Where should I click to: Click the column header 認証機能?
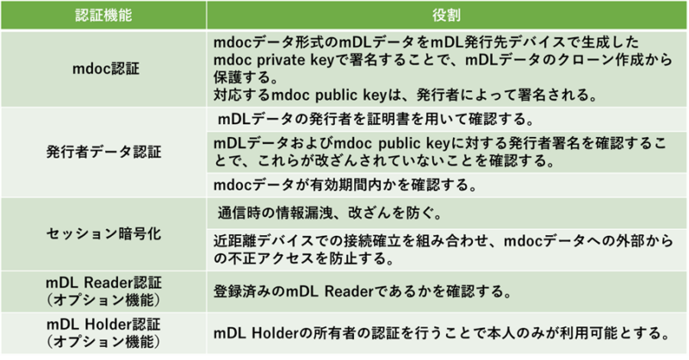pyautogui.click(x=103, y=16)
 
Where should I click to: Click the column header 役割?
pyautogui.click(x=446, y=16)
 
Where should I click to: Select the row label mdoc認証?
pyautogui.click(x=105, y=69)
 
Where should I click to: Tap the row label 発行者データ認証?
pyautogui.click(x=103, y=152)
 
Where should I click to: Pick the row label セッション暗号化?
pyautogui.click(x=103, y=233)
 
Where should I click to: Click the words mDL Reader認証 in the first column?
pyautogui.click(x=103, y=282)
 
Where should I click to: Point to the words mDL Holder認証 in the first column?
pyautogui.click(x=103, y=325)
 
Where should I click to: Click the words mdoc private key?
pyautogui.click(x=274, y=59)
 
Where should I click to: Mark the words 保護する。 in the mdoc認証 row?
pyautogui.click(x=245, y=78)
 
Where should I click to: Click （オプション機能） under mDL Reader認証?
pyautogui.click(x=103, y=300)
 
